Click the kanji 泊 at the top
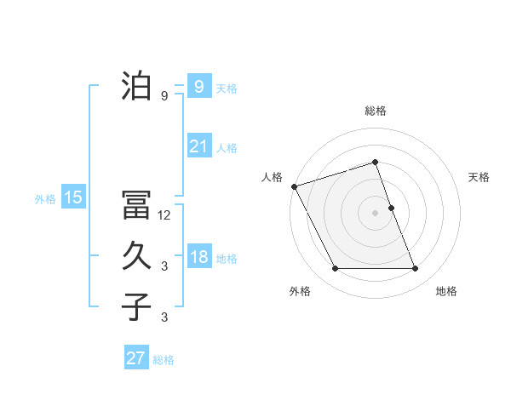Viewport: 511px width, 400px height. [x=136, y=86]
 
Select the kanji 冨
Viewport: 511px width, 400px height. [x=136, y=207]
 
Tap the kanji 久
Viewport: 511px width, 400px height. [x=136, y=256]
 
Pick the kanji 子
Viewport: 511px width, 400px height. [x=136, y=306]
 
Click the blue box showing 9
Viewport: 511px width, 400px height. [x=198, y=86]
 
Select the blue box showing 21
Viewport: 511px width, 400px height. [x=198, y=146]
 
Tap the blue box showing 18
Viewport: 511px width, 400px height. [x=198, y=257]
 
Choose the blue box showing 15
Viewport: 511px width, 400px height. [x=73, y=197]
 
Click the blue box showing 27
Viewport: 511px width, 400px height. [x=136, y=358]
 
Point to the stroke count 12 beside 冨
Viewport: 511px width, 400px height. [x=164, y=215]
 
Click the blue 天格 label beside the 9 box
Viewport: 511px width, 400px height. [x=227, y=88]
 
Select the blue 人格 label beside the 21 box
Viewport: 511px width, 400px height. [x=227, y=148]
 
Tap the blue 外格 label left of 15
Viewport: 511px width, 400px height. [x=45, y=199]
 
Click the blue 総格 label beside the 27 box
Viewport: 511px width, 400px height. [x=164, y=360]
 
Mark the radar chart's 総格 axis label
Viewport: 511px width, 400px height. [x=376, y=111]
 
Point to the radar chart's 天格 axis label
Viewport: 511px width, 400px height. [x=479, y=177]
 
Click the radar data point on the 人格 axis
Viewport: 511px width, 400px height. [x=294, y=186]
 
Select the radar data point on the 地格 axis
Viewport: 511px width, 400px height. [x=416, y=269]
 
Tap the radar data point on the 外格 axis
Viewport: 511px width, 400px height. [x=335, y=269]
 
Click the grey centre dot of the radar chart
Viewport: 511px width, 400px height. [x=376, y=213]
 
